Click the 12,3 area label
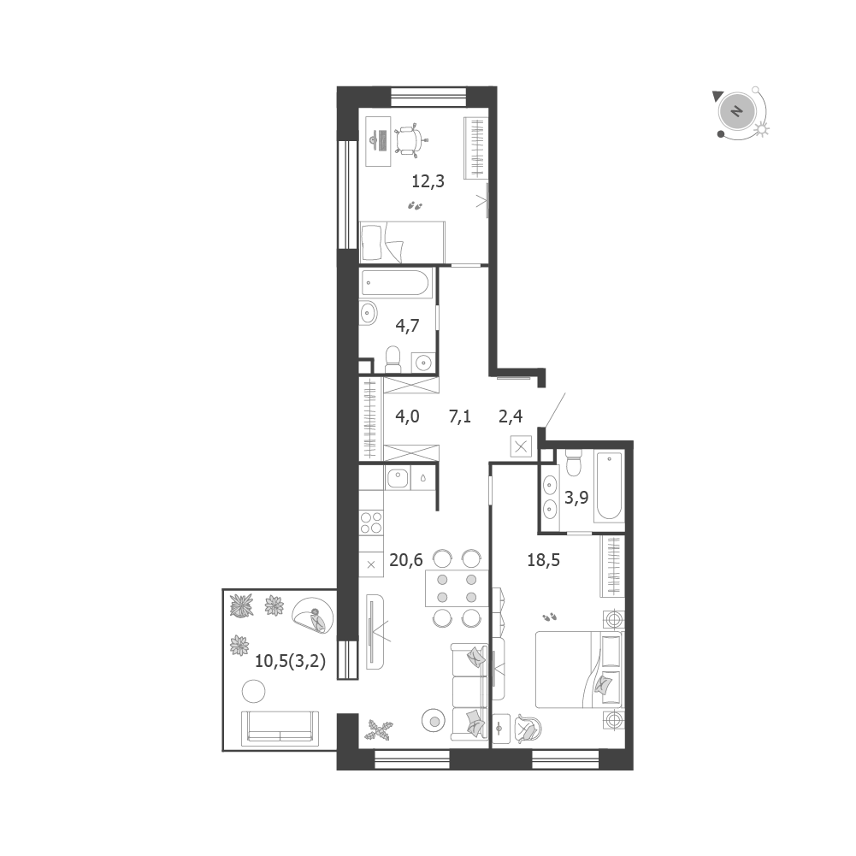tap(428, 181)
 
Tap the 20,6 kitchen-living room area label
tap(406, 560)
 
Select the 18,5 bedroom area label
tap(544, 560)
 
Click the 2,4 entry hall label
tap(511, 416)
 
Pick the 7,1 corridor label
tap(460, 416)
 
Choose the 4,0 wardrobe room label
tap(407, 416)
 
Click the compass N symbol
tap(737, 111)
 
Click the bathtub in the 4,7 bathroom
tap(397, 283)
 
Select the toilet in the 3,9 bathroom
tap(574, 463)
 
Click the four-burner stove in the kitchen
tap(371, 522)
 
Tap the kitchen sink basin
tap(398, 479)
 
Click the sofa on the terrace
tap(280, 729)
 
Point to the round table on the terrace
tap(253, 692)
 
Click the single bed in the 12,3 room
tap(403, 242)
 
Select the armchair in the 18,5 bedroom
tap(528, 729)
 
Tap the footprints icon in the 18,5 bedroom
tap(549, 617)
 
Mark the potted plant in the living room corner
tap(380, 729)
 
